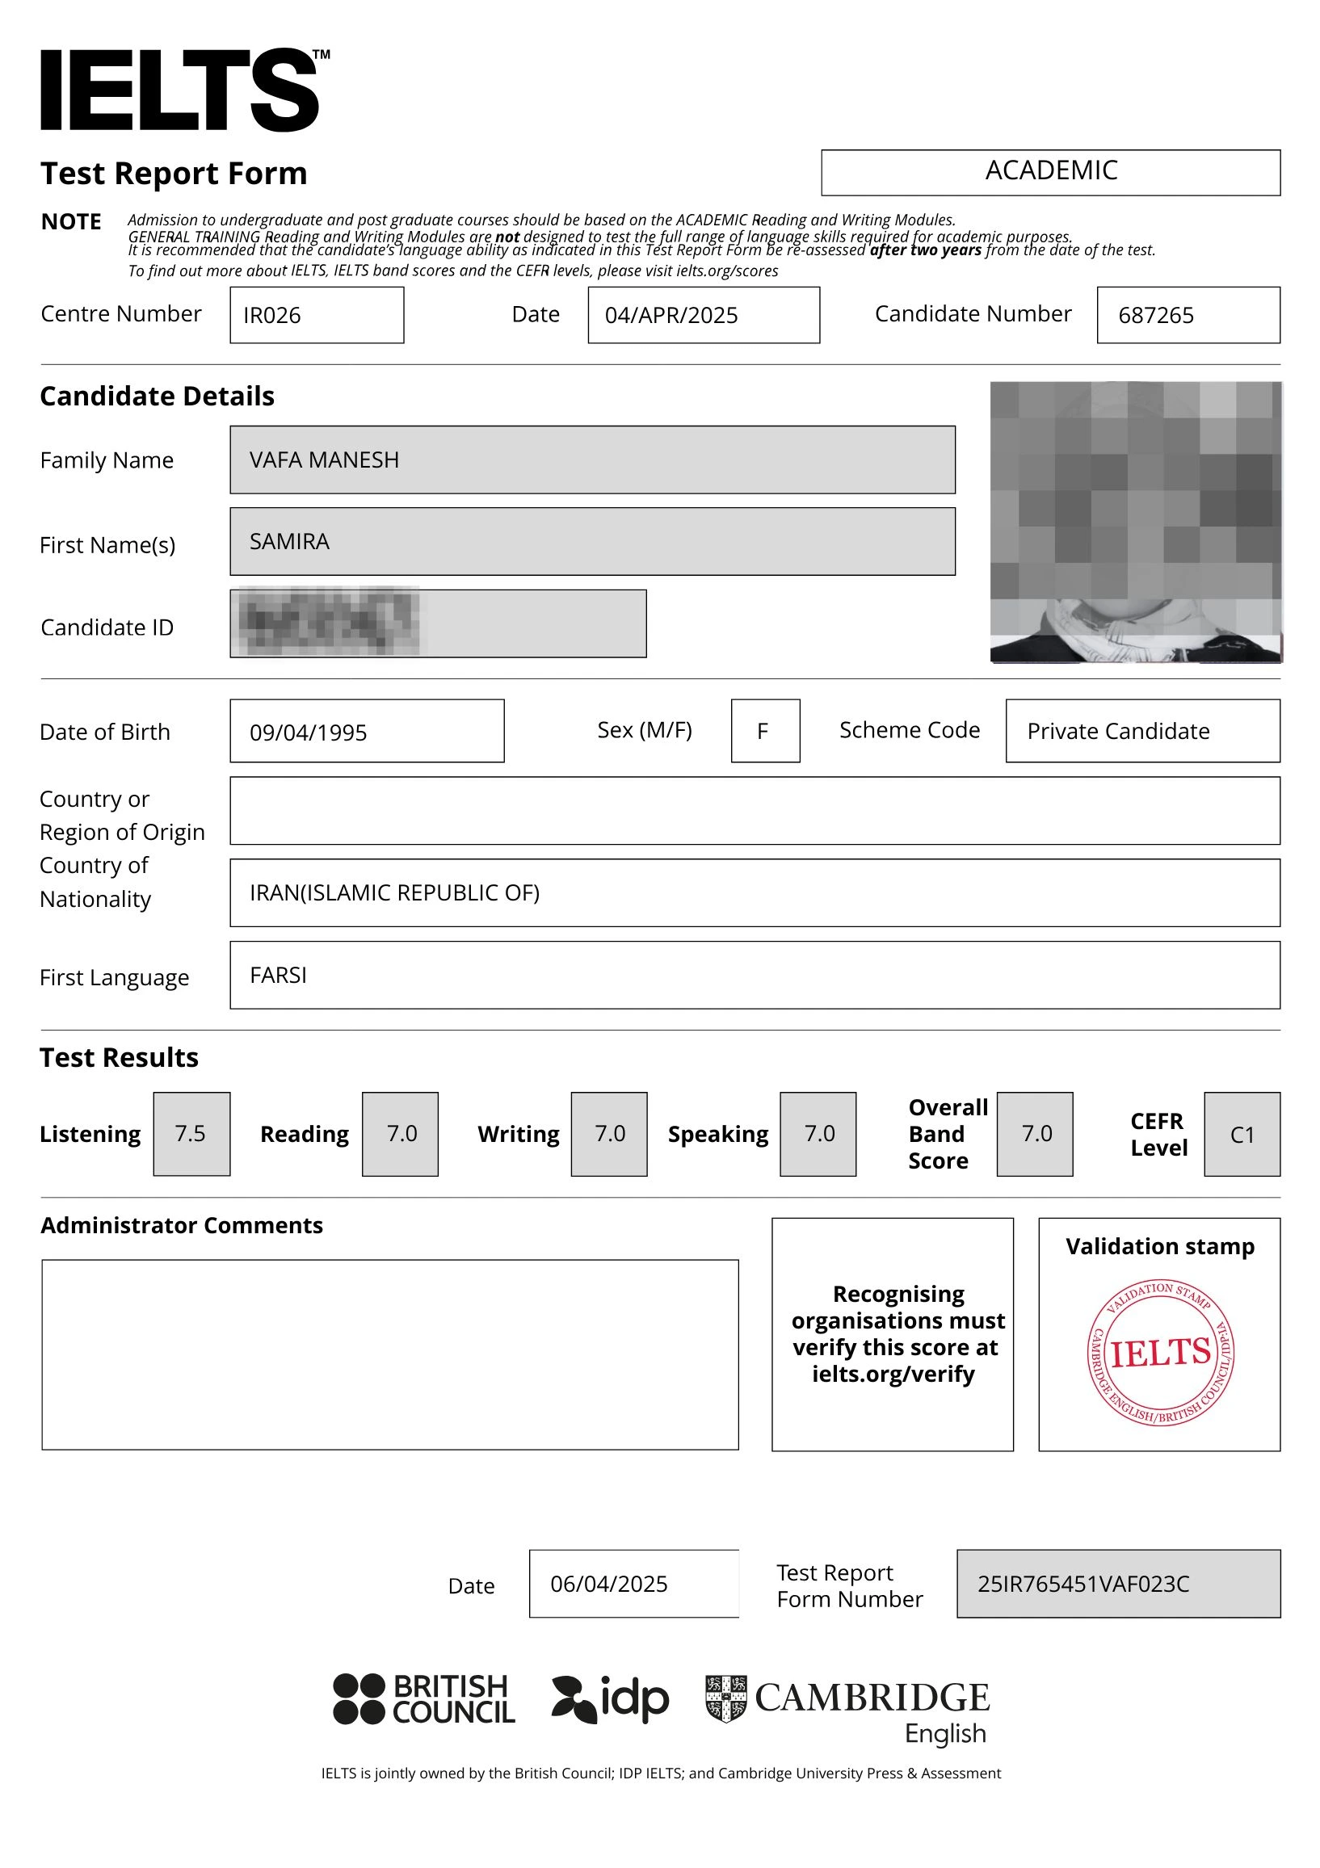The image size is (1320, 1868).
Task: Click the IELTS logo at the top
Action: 184,90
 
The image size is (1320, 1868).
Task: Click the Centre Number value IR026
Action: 272,316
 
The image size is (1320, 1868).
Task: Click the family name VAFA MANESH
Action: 324,460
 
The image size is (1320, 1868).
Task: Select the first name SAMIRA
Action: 289,542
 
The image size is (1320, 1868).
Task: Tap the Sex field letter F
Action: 763,732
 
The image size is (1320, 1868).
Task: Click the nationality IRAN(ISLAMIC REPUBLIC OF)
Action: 394,893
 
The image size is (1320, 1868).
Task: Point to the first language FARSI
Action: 279,976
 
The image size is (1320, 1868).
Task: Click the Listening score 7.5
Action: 191,1133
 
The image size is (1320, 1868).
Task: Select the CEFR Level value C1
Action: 1241,1134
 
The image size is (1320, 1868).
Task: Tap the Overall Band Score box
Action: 1035,1133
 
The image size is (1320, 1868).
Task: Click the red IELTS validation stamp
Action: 1160,1351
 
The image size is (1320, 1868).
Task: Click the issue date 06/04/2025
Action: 609,1584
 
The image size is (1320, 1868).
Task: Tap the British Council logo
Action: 423,1698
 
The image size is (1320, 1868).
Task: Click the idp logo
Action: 610,1698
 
